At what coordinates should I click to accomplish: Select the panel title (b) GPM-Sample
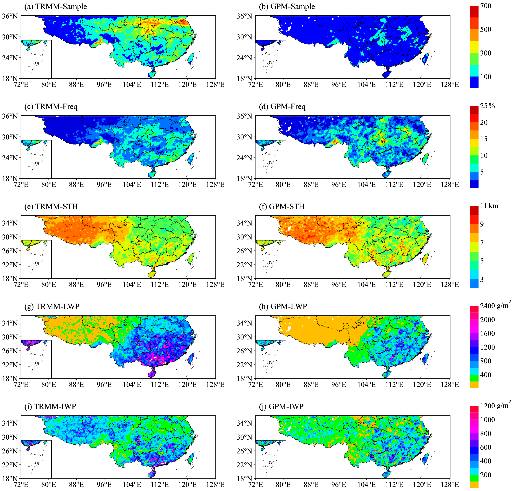point(287,7)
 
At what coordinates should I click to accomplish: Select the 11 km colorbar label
point(489,206)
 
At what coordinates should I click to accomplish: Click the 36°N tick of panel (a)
point(10,16)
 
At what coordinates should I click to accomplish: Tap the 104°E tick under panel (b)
point(366,85)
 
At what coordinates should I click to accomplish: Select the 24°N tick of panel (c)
point(10,158)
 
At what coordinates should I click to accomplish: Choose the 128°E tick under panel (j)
point(450,484)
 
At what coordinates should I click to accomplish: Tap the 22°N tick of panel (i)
point(10,465)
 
